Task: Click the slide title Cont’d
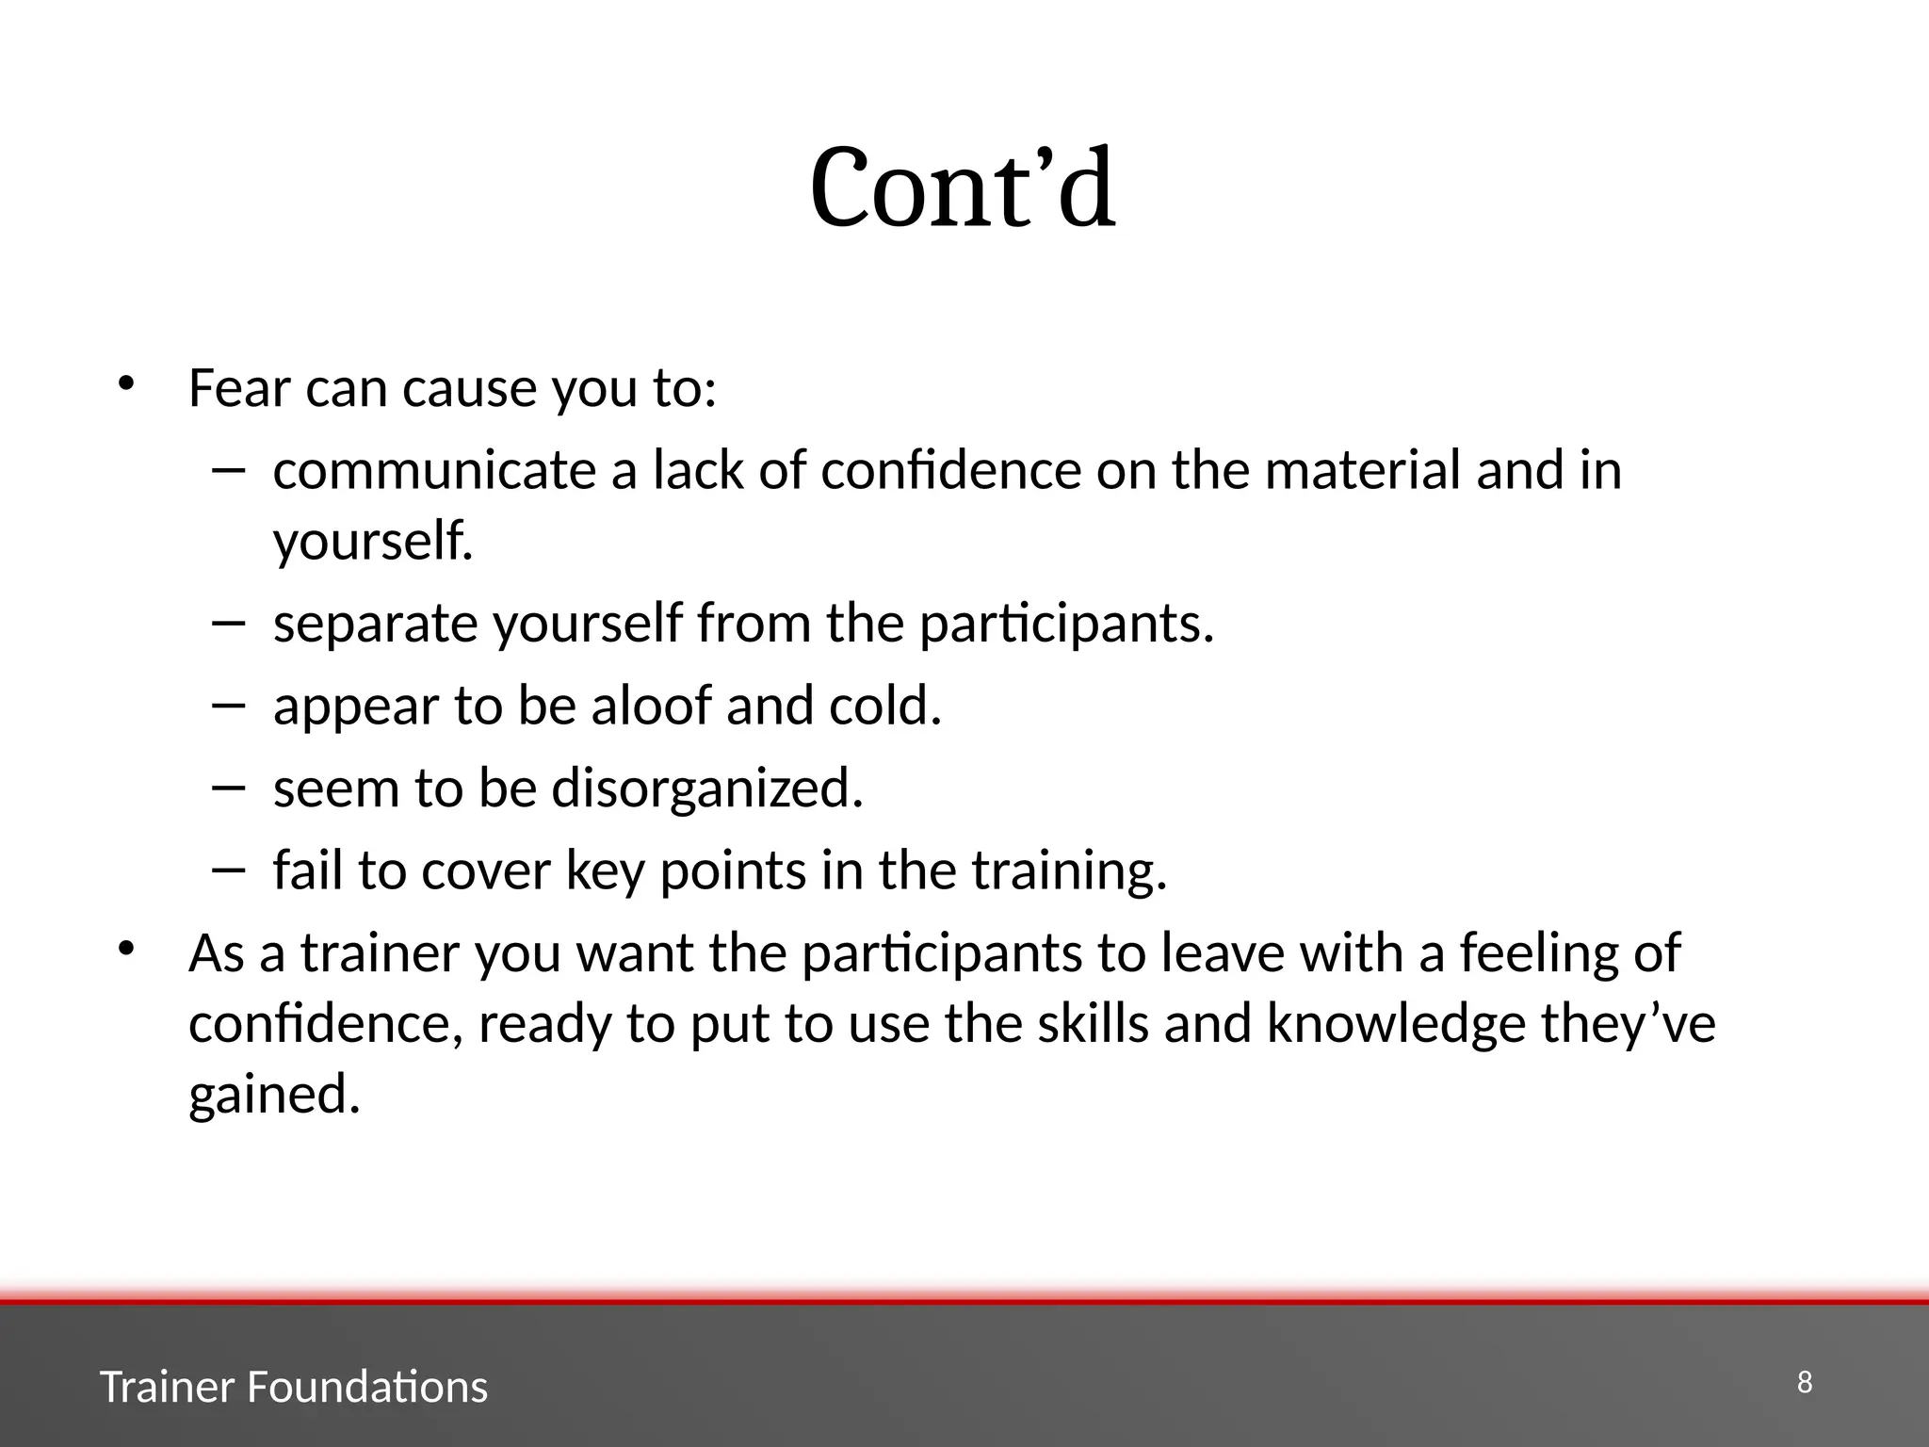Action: pos(963,188)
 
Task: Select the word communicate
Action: pos(434,470)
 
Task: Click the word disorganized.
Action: pos(707,789)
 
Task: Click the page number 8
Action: pos(1805,1383)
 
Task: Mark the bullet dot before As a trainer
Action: pos(126,949)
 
